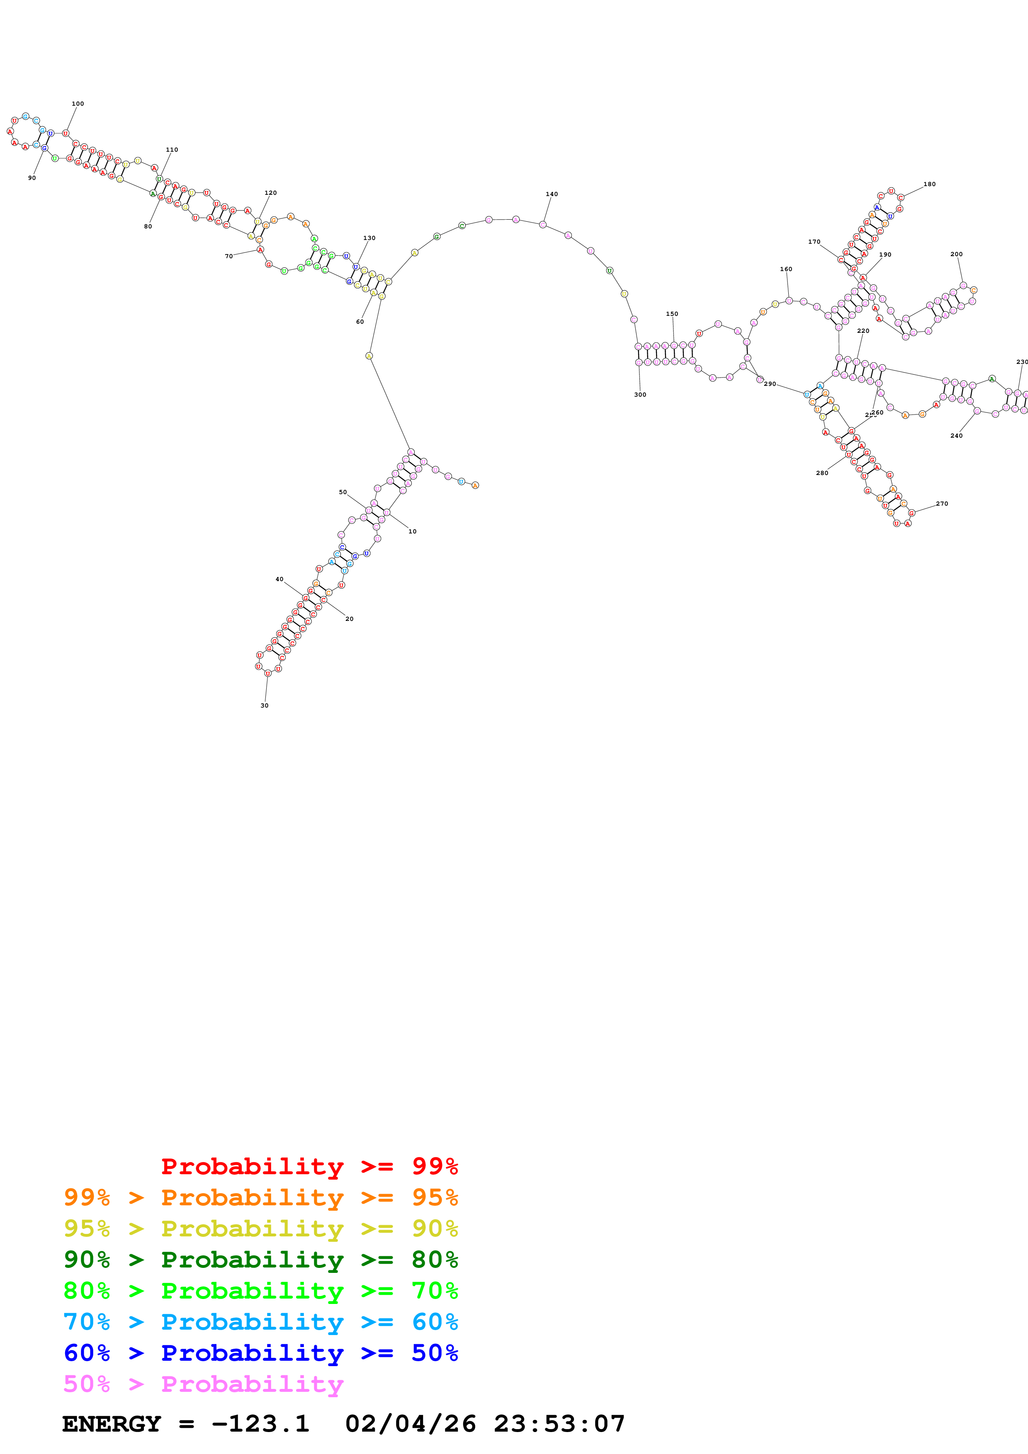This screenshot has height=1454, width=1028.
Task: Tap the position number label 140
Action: (x=551, y=194)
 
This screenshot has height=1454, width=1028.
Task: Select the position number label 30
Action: (x=264, y=705)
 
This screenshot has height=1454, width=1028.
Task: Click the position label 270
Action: (x=942, y=504)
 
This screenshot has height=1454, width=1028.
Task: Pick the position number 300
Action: (x=640, y=395)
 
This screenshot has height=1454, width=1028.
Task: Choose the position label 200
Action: (x=956, y=254)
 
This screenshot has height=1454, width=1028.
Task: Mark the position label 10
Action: (x=412, y=531)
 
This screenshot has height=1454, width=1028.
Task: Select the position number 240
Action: (x=956, y=436)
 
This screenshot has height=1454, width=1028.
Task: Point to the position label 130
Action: (x=369, y=238)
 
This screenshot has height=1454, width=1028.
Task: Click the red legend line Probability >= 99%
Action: (x=309, y=1166)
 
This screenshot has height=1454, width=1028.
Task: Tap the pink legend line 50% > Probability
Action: (x=203, y=1384)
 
